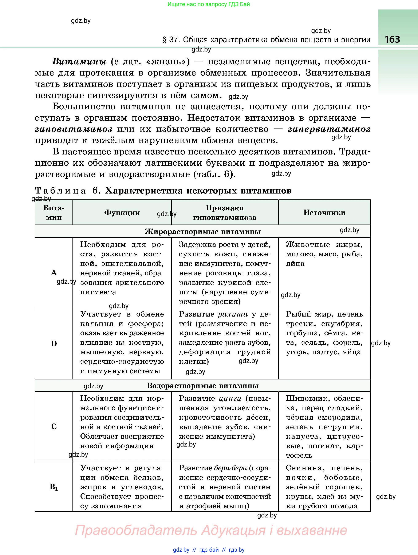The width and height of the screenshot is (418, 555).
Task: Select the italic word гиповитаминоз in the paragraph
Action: tap(74, 129)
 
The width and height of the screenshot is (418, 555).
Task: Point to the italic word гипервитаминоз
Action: tap(329, 129)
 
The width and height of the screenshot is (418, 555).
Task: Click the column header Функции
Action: tap(122, 213)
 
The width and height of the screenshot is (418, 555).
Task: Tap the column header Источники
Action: tap(324, 213)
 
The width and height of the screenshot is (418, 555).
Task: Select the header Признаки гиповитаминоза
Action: tap(225, 213)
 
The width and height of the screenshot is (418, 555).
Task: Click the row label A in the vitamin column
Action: tap(54, 272)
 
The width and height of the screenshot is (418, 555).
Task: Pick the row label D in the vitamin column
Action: tap(54, 344)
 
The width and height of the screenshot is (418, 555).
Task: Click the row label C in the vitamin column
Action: tap(54, 426)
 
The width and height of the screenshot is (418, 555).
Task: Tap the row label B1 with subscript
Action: tap(54, 487)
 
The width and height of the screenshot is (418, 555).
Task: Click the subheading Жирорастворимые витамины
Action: tap(203, 231)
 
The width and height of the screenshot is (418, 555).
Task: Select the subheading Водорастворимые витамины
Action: tap(203, 385)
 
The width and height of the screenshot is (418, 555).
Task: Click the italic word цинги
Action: tap(230, 398)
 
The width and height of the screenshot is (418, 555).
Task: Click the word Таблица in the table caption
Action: tap(61, 191)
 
